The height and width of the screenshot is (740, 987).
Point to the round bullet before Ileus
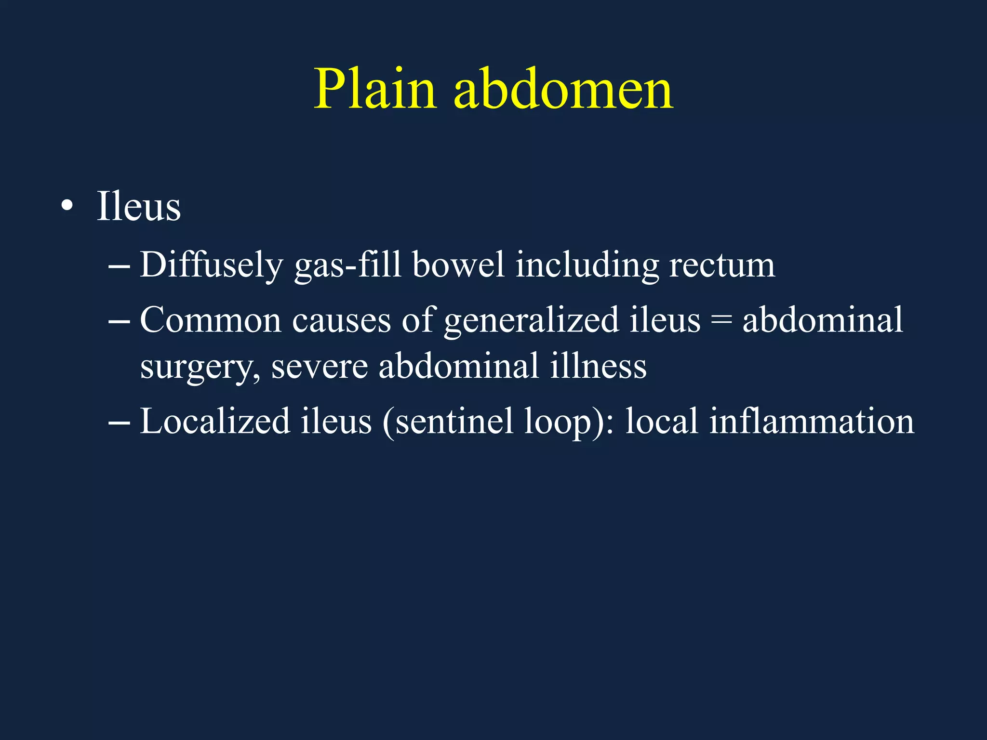click(67, 207)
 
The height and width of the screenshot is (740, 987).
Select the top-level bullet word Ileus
click(139, 207)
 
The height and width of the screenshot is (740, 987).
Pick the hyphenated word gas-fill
click(347, 265)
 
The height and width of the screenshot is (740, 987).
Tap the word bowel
click(458, 265)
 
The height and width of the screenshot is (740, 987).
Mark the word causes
click(341, 320)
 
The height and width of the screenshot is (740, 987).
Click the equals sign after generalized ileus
click(721, 321)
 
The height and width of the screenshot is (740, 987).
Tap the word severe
click(319, 366)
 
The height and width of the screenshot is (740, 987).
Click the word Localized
click(215, 421)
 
